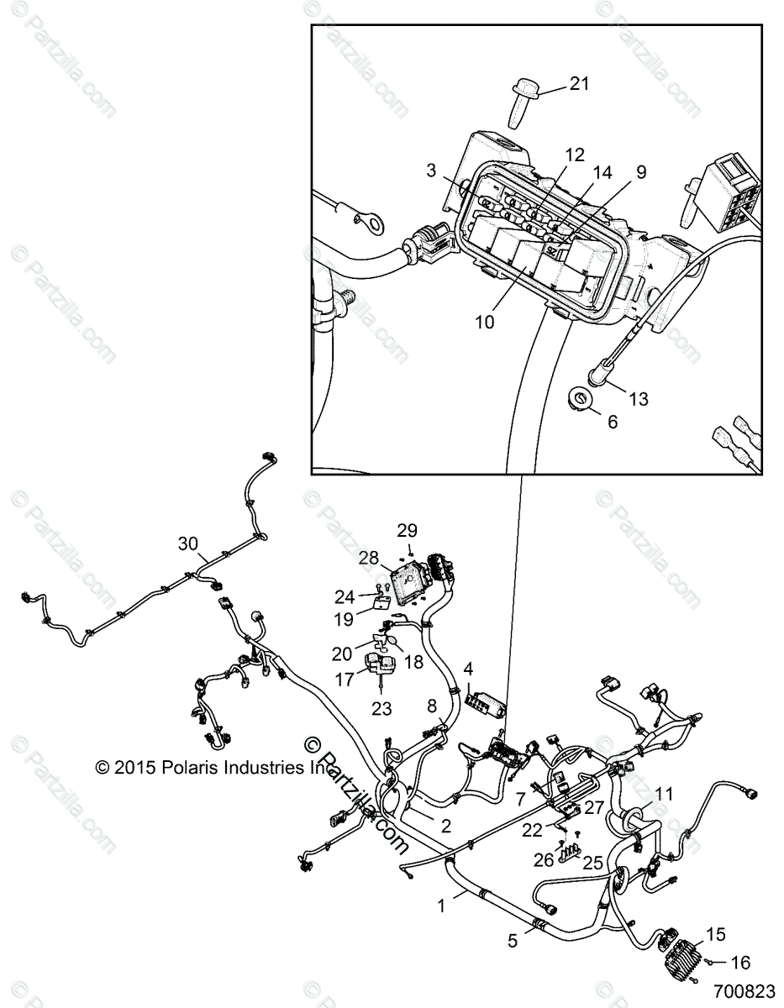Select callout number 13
click(x=639, y=398)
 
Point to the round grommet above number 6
click(x=579, y=397)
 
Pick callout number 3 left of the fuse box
click(x=431, y=171)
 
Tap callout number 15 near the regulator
click(x=715, y=934)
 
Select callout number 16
click(x=741, y=963)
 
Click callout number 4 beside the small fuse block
click(x=468, y=669)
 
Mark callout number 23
click(x=381, y=708)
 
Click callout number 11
click(x=664, y=791)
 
